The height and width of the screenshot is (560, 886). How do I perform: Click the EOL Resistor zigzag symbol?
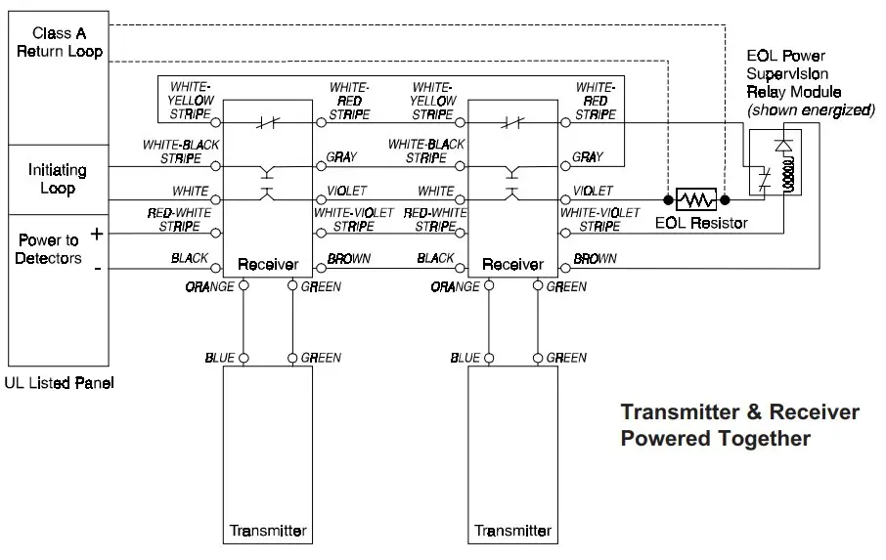(695, 200)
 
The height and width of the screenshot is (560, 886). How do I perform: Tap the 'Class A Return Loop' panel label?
(59, 42)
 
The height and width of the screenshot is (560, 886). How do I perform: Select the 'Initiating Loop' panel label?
(57, 180)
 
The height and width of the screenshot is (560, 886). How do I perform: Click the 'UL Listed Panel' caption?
(60, 383)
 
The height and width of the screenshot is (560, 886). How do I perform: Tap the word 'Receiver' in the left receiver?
(268, 264)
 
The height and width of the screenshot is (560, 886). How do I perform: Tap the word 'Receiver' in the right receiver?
(512, 264)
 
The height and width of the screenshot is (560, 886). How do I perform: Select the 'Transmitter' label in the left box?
(268, 532)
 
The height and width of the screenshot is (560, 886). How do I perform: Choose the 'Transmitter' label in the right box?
(513, 532)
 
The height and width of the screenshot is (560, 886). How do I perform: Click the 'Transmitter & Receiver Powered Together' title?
(740, 424)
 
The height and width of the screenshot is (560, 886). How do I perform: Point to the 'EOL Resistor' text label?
(701, 223)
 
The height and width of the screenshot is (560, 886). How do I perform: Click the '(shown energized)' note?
(811, 109)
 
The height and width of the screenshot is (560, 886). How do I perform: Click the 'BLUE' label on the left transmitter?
(219, 358)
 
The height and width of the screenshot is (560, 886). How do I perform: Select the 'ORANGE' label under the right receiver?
(456, 287)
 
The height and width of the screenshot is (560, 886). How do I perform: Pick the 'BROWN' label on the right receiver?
(595, 259)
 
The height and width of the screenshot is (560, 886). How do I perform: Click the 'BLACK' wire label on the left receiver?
(190, 258)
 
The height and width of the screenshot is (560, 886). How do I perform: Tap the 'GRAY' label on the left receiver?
(341, 156)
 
